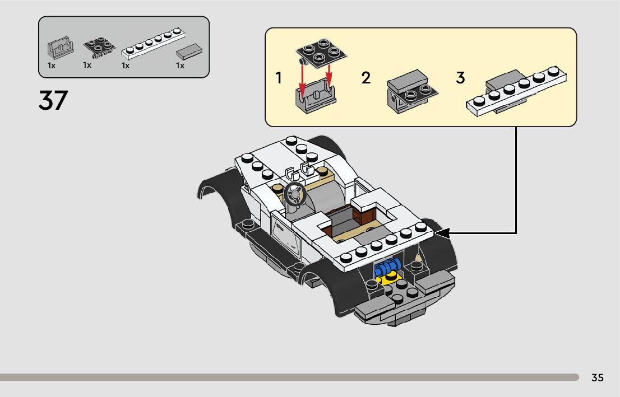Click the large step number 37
[x=53, y=101]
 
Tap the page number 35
[x=597, y=378]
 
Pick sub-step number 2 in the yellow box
[x=366, y=78]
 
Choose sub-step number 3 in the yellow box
[x=460, y=78]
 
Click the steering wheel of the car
[x=294, y=194]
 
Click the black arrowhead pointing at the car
[x=443, y=233]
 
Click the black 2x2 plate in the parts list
[x=99, y=48]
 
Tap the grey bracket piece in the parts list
[x=59, y=49]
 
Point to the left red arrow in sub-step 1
[x=303, y=78]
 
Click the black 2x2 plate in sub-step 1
[x=321, y=52]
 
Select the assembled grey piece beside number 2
[x=411, y=91]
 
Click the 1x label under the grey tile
[x=180, y=66]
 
